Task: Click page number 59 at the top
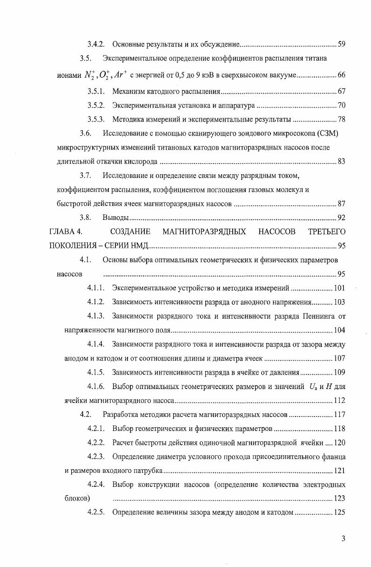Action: [x=341, y=44]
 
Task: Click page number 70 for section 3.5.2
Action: [x=341, y=105]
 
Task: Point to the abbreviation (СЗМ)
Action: [x=327, y=134]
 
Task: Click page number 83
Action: [x=341, y=162]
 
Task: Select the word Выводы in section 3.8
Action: [x=115, y=218]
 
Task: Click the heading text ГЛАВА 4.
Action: [x=66, y=232]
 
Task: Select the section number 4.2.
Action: [x=85, y=415]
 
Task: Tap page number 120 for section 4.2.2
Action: [x=339, y=443]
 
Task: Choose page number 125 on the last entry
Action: [x=339, y=512]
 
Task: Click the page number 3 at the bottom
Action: [x=343, y=539]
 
